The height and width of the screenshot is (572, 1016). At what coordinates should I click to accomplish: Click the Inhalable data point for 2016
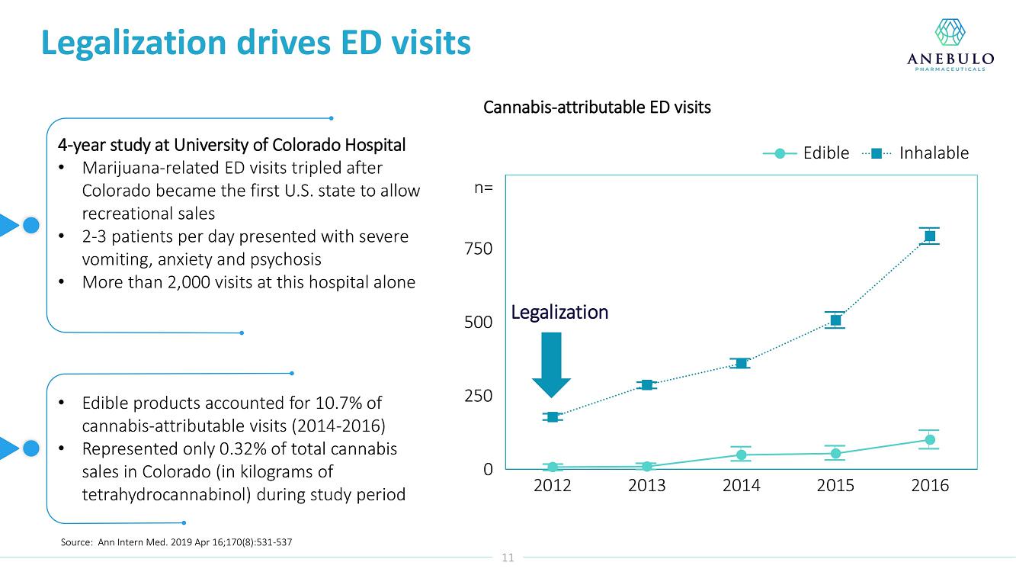(x=929, y=236)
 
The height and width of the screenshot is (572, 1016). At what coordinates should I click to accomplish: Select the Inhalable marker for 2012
(x=553, y=416)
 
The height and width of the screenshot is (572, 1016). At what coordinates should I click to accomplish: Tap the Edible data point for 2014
(x=741, y=455)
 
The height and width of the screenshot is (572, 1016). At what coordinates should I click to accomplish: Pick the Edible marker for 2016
(x=929, y=439)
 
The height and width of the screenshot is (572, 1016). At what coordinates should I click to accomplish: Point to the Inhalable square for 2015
(x=835, y=320)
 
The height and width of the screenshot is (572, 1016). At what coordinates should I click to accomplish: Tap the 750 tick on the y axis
(x=478, y=249)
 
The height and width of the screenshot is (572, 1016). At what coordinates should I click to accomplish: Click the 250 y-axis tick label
(x=478, y=396)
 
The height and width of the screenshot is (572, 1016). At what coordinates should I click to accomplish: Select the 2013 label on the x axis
(x=646, y=486)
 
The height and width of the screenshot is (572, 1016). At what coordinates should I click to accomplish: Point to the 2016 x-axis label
(x=930, y=486)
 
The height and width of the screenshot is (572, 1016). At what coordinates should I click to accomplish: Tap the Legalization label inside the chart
(x=559, y=312)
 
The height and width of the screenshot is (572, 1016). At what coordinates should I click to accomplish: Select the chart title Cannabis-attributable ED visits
(x=597, y=108)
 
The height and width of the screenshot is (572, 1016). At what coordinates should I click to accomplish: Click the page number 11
(x=508, y=558)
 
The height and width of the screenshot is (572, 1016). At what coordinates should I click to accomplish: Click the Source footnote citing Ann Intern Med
(x=176, y=542)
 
